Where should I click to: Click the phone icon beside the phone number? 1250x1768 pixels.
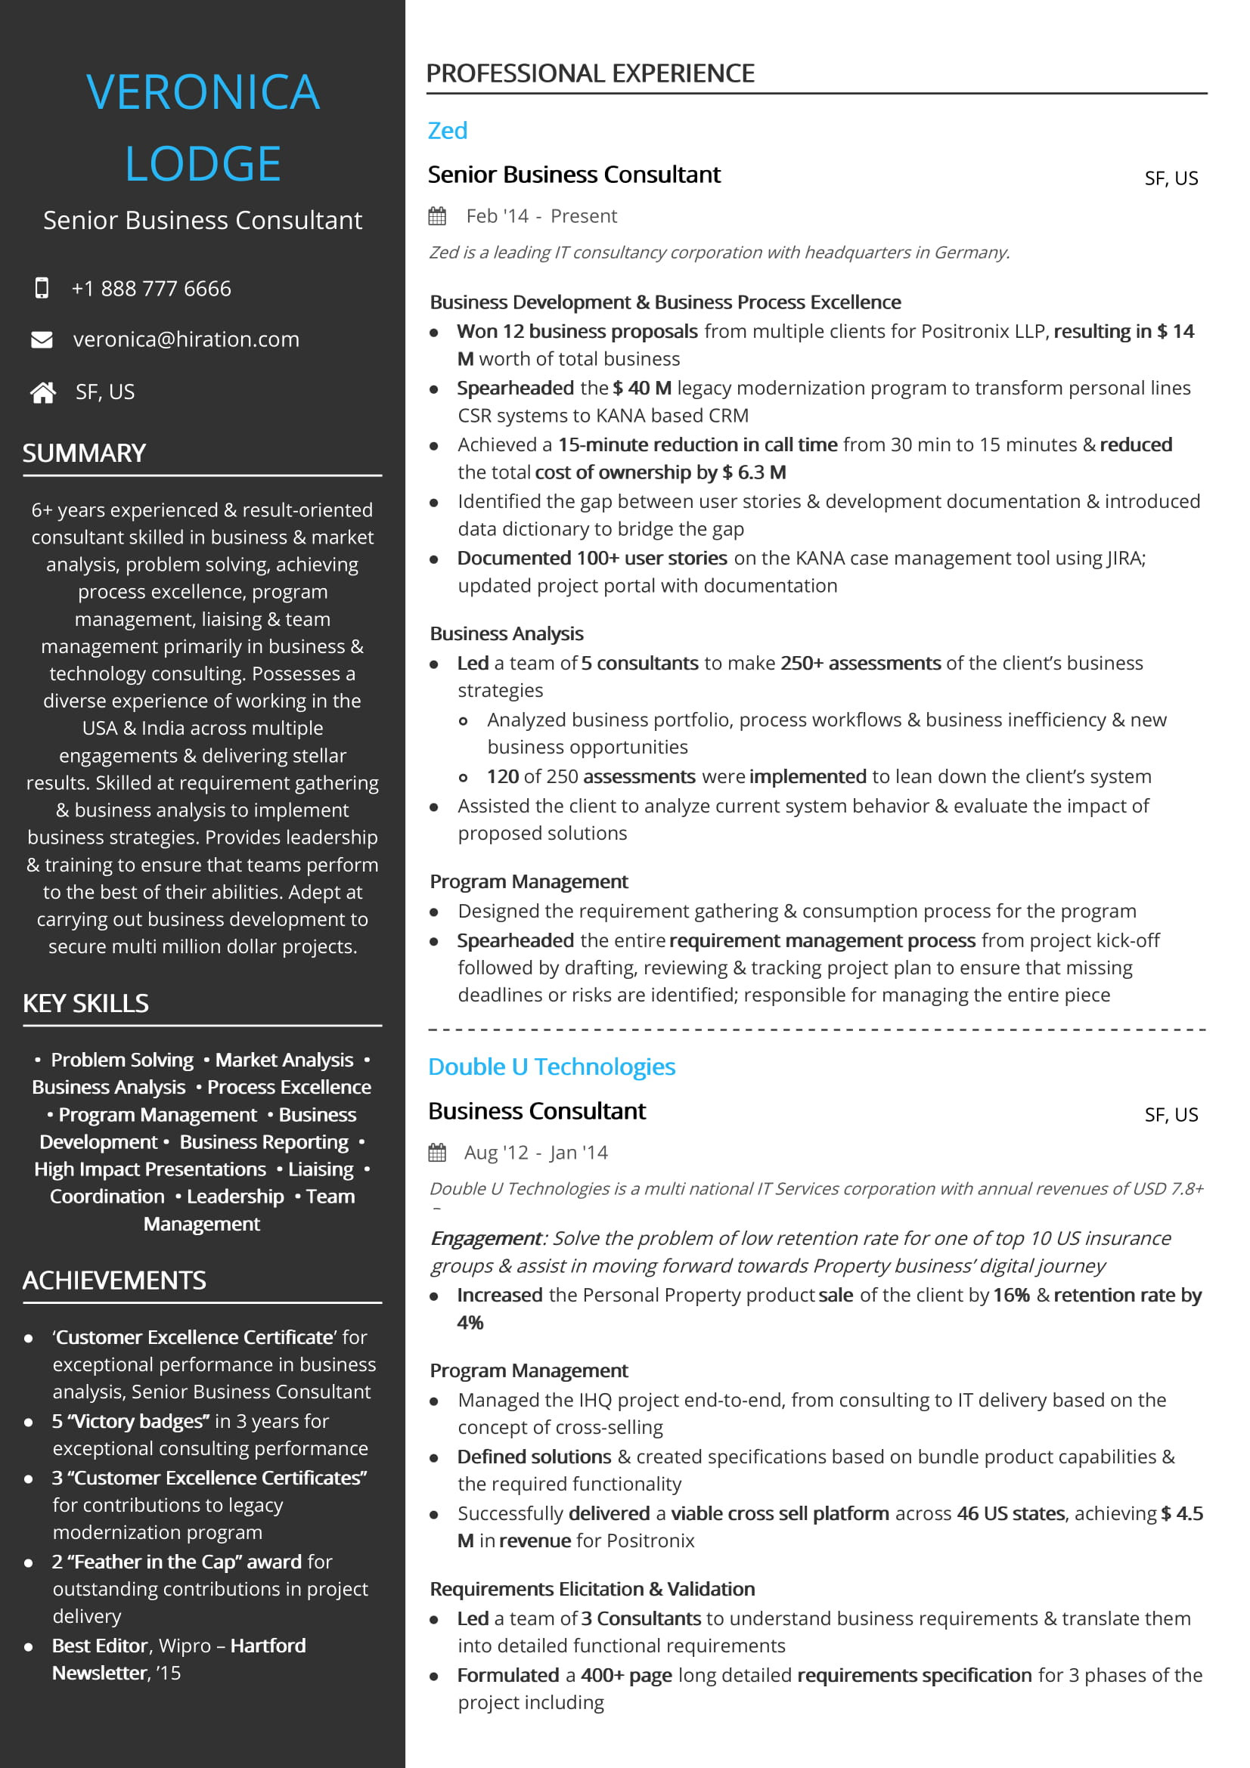point(42,288)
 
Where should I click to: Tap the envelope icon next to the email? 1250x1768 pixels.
point(42,339)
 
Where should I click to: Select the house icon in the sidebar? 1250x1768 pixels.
point(43,393)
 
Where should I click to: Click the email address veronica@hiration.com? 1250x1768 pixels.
point(185,339)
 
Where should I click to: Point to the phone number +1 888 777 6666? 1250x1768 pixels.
point(151,289)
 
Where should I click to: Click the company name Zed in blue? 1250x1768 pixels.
point(448,131)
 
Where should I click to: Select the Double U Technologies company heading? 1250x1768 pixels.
point(551,1067)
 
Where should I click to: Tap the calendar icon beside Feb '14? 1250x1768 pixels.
point(437,216)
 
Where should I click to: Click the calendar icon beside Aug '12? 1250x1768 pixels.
point(437,1153)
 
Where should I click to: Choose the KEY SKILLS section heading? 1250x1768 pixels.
point(85,1003)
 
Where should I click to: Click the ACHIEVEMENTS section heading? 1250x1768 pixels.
point(114,1280)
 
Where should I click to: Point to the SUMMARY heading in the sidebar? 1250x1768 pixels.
point(84,453)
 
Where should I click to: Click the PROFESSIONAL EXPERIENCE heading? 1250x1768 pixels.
point(590,73)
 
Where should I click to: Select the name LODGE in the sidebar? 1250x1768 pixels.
point(203,164)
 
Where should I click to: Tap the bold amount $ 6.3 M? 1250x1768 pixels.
point(753,472)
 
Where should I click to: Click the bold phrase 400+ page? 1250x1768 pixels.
point(626,1675)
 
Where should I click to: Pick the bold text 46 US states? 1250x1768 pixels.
point(1010,1513)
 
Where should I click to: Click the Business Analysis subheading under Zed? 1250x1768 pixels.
point(507,633)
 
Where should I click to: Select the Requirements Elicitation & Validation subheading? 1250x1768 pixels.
point(592,1589)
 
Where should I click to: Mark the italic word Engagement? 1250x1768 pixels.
point(486,1238)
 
